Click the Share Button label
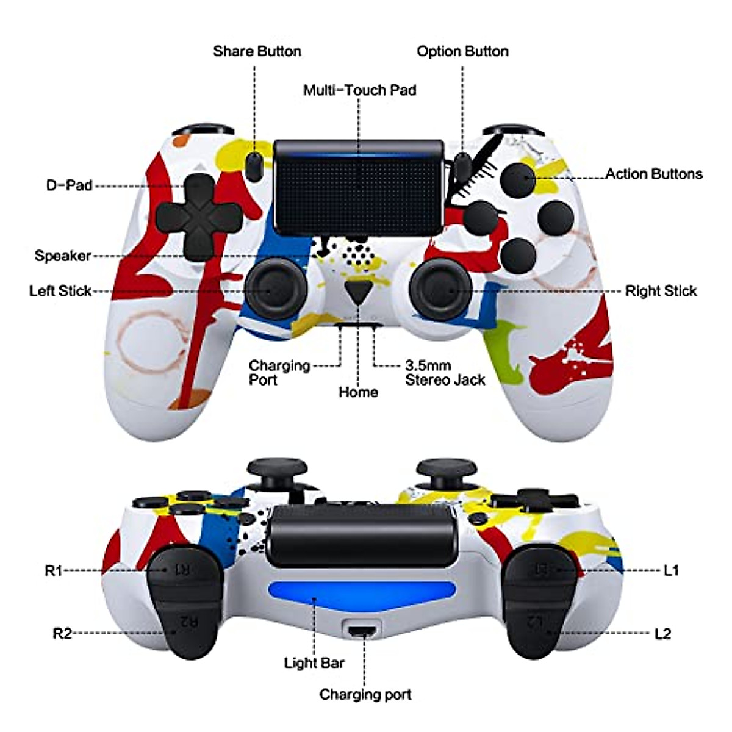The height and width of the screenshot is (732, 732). (257, 51)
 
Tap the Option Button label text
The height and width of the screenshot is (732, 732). (462, 51)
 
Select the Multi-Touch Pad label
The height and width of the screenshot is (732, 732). (359, 90)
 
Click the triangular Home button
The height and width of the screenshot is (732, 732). (357, 292)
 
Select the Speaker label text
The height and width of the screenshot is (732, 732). (63, 256)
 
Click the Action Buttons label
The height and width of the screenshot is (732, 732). (654, 174)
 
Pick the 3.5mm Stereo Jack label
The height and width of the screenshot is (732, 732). (445, 373)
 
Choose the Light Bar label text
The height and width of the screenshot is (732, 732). (314, 662)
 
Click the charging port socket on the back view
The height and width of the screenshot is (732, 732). (363, 630)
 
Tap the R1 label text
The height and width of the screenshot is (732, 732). (54, 570)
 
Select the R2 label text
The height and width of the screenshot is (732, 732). (62, 634)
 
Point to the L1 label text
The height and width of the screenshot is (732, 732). (671, 570)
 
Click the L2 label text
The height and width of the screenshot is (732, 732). (662, 634)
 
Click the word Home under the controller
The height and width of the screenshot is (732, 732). (358, 392)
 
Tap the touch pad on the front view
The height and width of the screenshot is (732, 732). (359, 189)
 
